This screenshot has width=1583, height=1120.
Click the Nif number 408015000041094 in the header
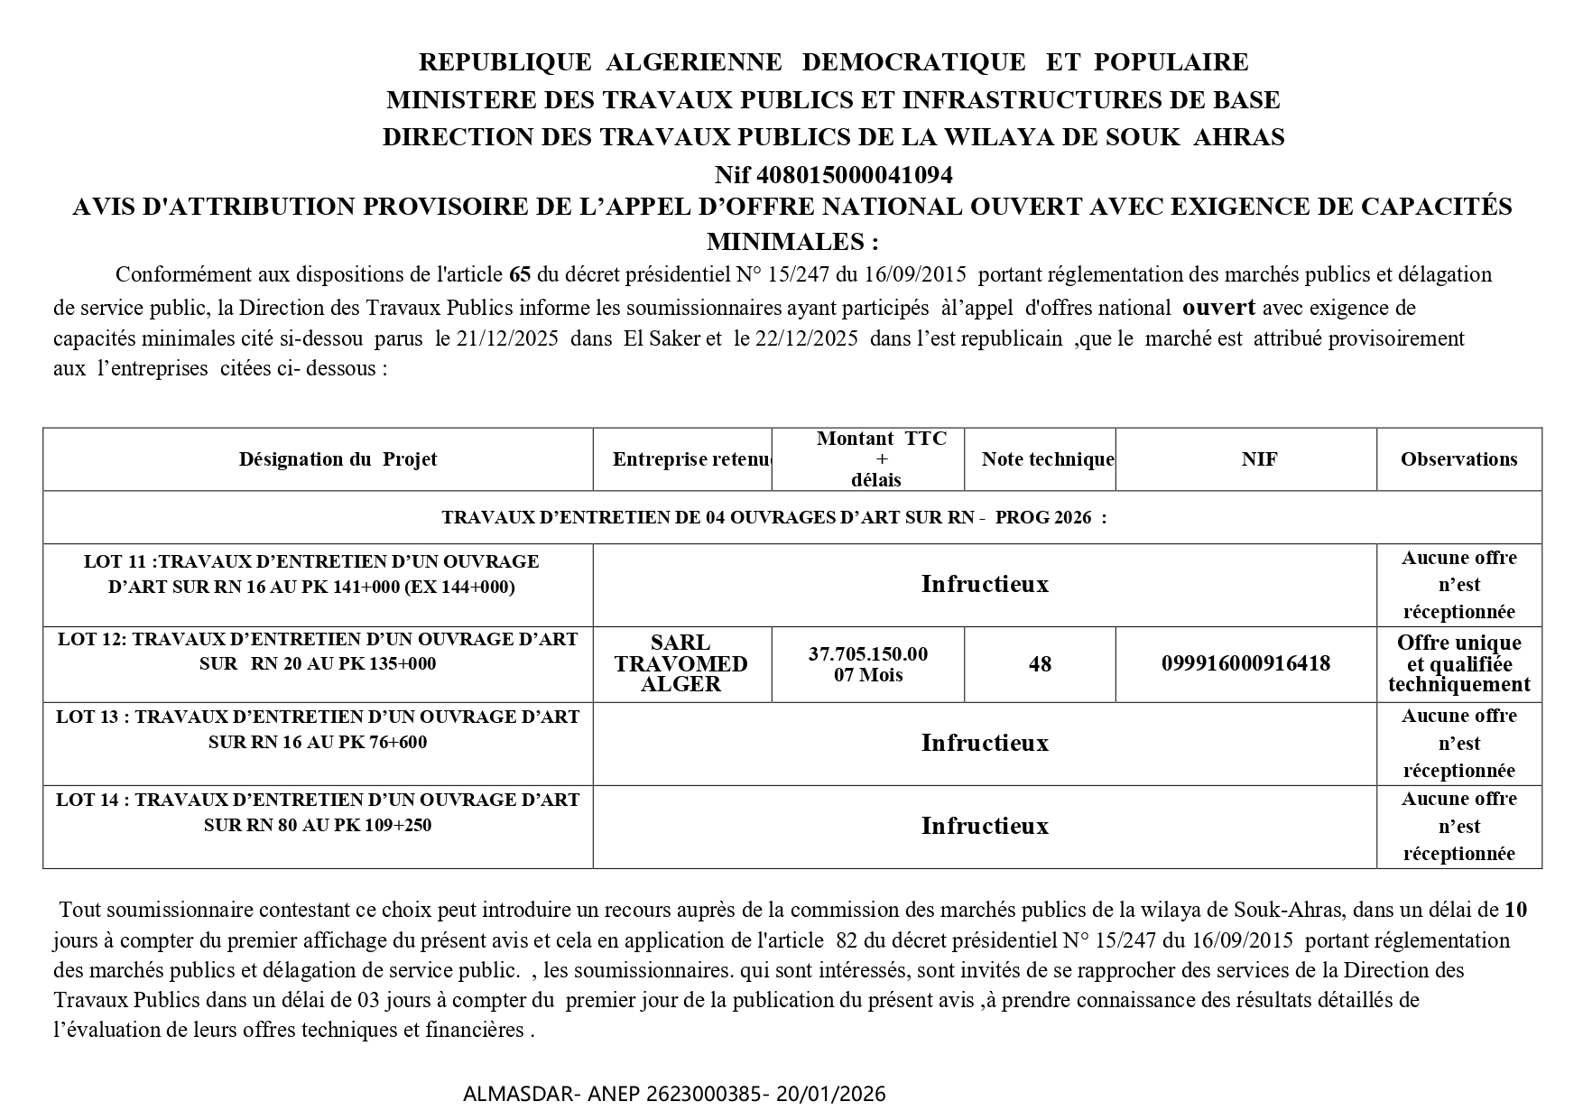(855, 173)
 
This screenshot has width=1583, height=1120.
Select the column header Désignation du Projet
(338, 459)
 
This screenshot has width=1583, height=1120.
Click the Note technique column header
(1047, 459)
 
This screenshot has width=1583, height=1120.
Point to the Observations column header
(1458, 459)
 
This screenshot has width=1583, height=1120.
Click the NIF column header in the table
(1259, 459)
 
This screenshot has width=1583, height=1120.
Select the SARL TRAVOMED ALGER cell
(680, 663)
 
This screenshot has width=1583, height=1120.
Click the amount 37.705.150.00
(867, 653)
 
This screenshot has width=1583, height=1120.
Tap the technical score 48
(1040, 664)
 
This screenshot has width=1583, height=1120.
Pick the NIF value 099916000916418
(1245, 664)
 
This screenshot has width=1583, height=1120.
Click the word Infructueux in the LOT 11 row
(985, 585)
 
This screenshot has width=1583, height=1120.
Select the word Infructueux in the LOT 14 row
(985, 827)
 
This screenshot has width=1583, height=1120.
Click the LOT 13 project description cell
(318, 729)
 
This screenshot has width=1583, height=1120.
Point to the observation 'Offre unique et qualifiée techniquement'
(1458, 663)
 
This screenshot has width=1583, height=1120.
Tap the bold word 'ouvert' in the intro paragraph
(1218, 307)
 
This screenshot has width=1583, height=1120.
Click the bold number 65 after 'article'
(520, 274)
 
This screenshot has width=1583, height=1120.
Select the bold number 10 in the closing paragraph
(1516, 910)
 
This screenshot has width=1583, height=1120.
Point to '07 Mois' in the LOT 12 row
(868, 675)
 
